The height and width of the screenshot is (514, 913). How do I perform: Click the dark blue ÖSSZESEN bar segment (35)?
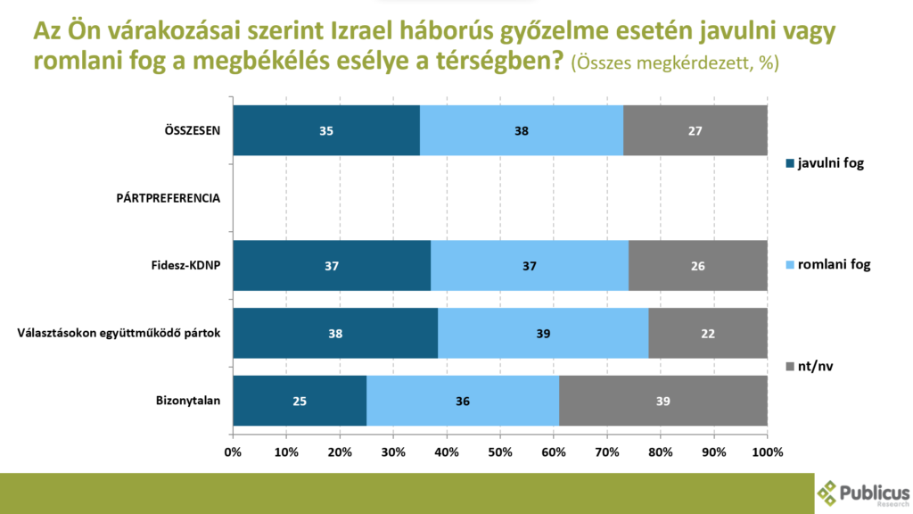(326, 130)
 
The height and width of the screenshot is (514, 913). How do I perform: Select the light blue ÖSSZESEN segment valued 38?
(522, 130)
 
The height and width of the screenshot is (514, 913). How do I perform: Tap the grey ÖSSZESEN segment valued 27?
(695, 130)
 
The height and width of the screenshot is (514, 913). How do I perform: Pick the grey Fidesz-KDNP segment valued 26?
(698, 265)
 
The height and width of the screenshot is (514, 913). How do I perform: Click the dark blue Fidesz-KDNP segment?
(332, 265)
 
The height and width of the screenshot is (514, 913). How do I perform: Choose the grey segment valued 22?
(708, 333)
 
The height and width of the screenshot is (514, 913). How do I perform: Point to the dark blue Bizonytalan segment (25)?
(300, 401)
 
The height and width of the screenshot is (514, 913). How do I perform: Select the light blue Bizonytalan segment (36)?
(463, 401)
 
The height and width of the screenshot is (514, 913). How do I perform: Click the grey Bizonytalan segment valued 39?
(663, 401)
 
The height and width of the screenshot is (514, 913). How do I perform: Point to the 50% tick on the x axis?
(500, 452)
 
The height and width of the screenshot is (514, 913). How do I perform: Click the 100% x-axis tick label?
(767, 452)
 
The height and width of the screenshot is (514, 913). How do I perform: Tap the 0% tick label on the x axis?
(233, 452)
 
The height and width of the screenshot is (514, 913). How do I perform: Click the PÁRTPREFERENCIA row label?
(169, 197)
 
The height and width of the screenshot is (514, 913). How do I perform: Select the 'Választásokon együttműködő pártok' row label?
(119, 333)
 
